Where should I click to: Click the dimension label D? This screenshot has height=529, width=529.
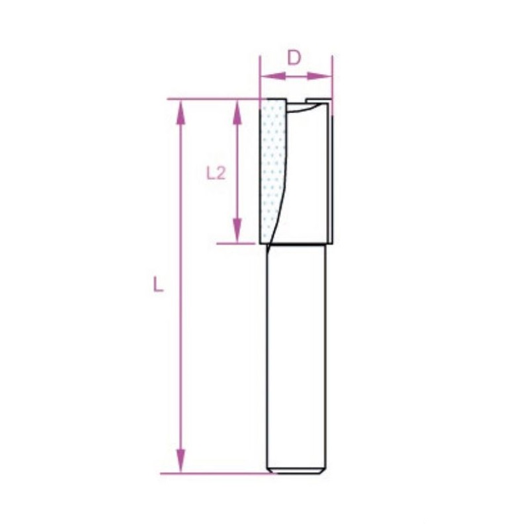[x=294, y=58]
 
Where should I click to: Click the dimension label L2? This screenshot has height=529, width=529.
[x=216, y=174]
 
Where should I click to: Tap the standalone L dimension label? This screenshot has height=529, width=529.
[x=158, y=284]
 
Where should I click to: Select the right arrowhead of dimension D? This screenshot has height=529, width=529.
[x=319, y=76]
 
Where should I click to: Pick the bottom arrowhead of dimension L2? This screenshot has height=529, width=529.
[x=237, y=230]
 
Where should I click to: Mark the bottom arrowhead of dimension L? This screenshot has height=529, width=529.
[x=181, y=461]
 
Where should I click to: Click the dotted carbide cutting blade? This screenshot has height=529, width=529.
[x=272, y=169]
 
